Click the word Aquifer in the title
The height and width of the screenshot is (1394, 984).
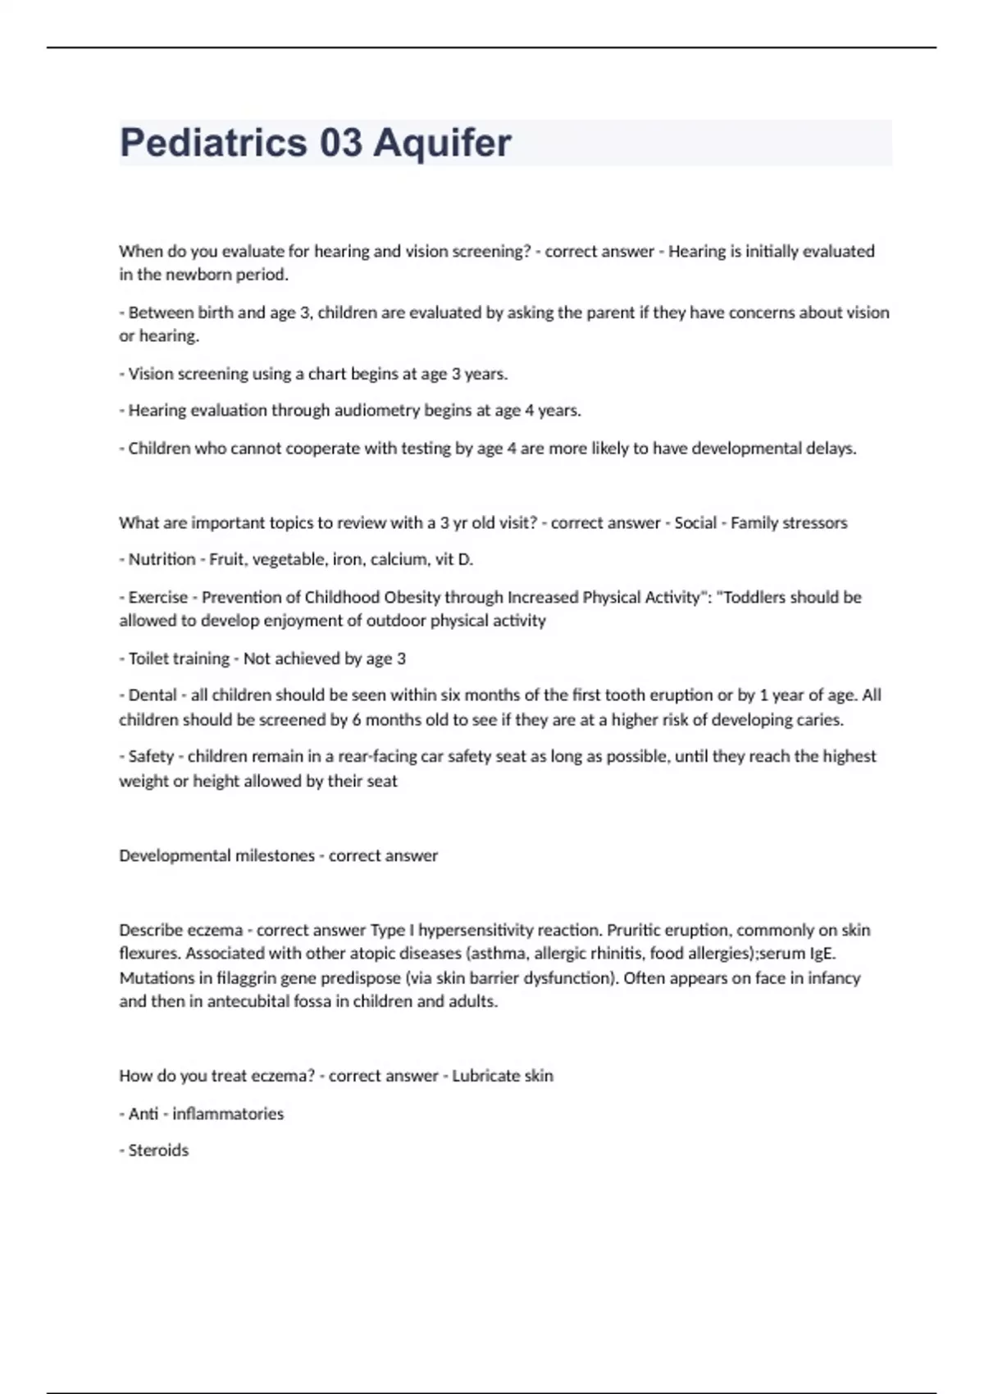(x=442, y=143)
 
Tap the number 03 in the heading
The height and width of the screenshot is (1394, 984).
(x=340, y=143)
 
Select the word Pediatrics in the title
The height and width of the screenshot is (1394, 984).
(x=213, y=143)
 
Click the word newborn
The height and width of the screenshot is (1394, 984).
(x=199, y=275)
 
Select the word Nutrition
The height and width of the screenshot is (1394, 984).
(x=162, y=559)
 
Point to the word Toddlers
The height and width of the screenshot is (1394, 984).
(x=757, y=597)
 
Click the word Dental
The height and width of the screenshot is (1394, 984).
(x=153, y=695)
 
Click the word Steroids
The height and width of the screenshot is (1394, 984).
(x=158, y=1150)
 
